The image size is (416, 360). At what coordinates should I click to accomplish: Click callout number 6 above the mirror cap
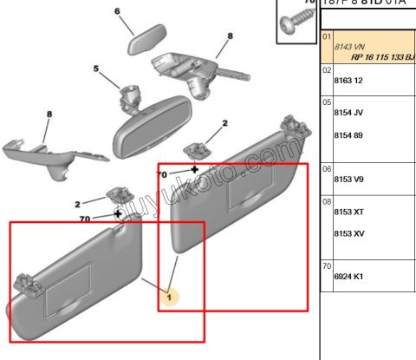[x=117, y=11]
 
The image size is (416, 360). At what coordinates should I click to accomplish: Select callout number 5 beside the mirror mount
[x=96, y=69]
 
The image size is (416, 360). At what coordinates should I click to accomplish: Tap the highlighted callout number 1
[x=171, y=298]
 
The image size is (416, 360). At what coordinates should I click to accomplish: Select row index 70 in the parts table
[x=327, y=265]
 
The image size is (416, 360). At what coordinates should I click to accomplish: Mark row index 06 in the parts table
[x=327, y=168]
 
